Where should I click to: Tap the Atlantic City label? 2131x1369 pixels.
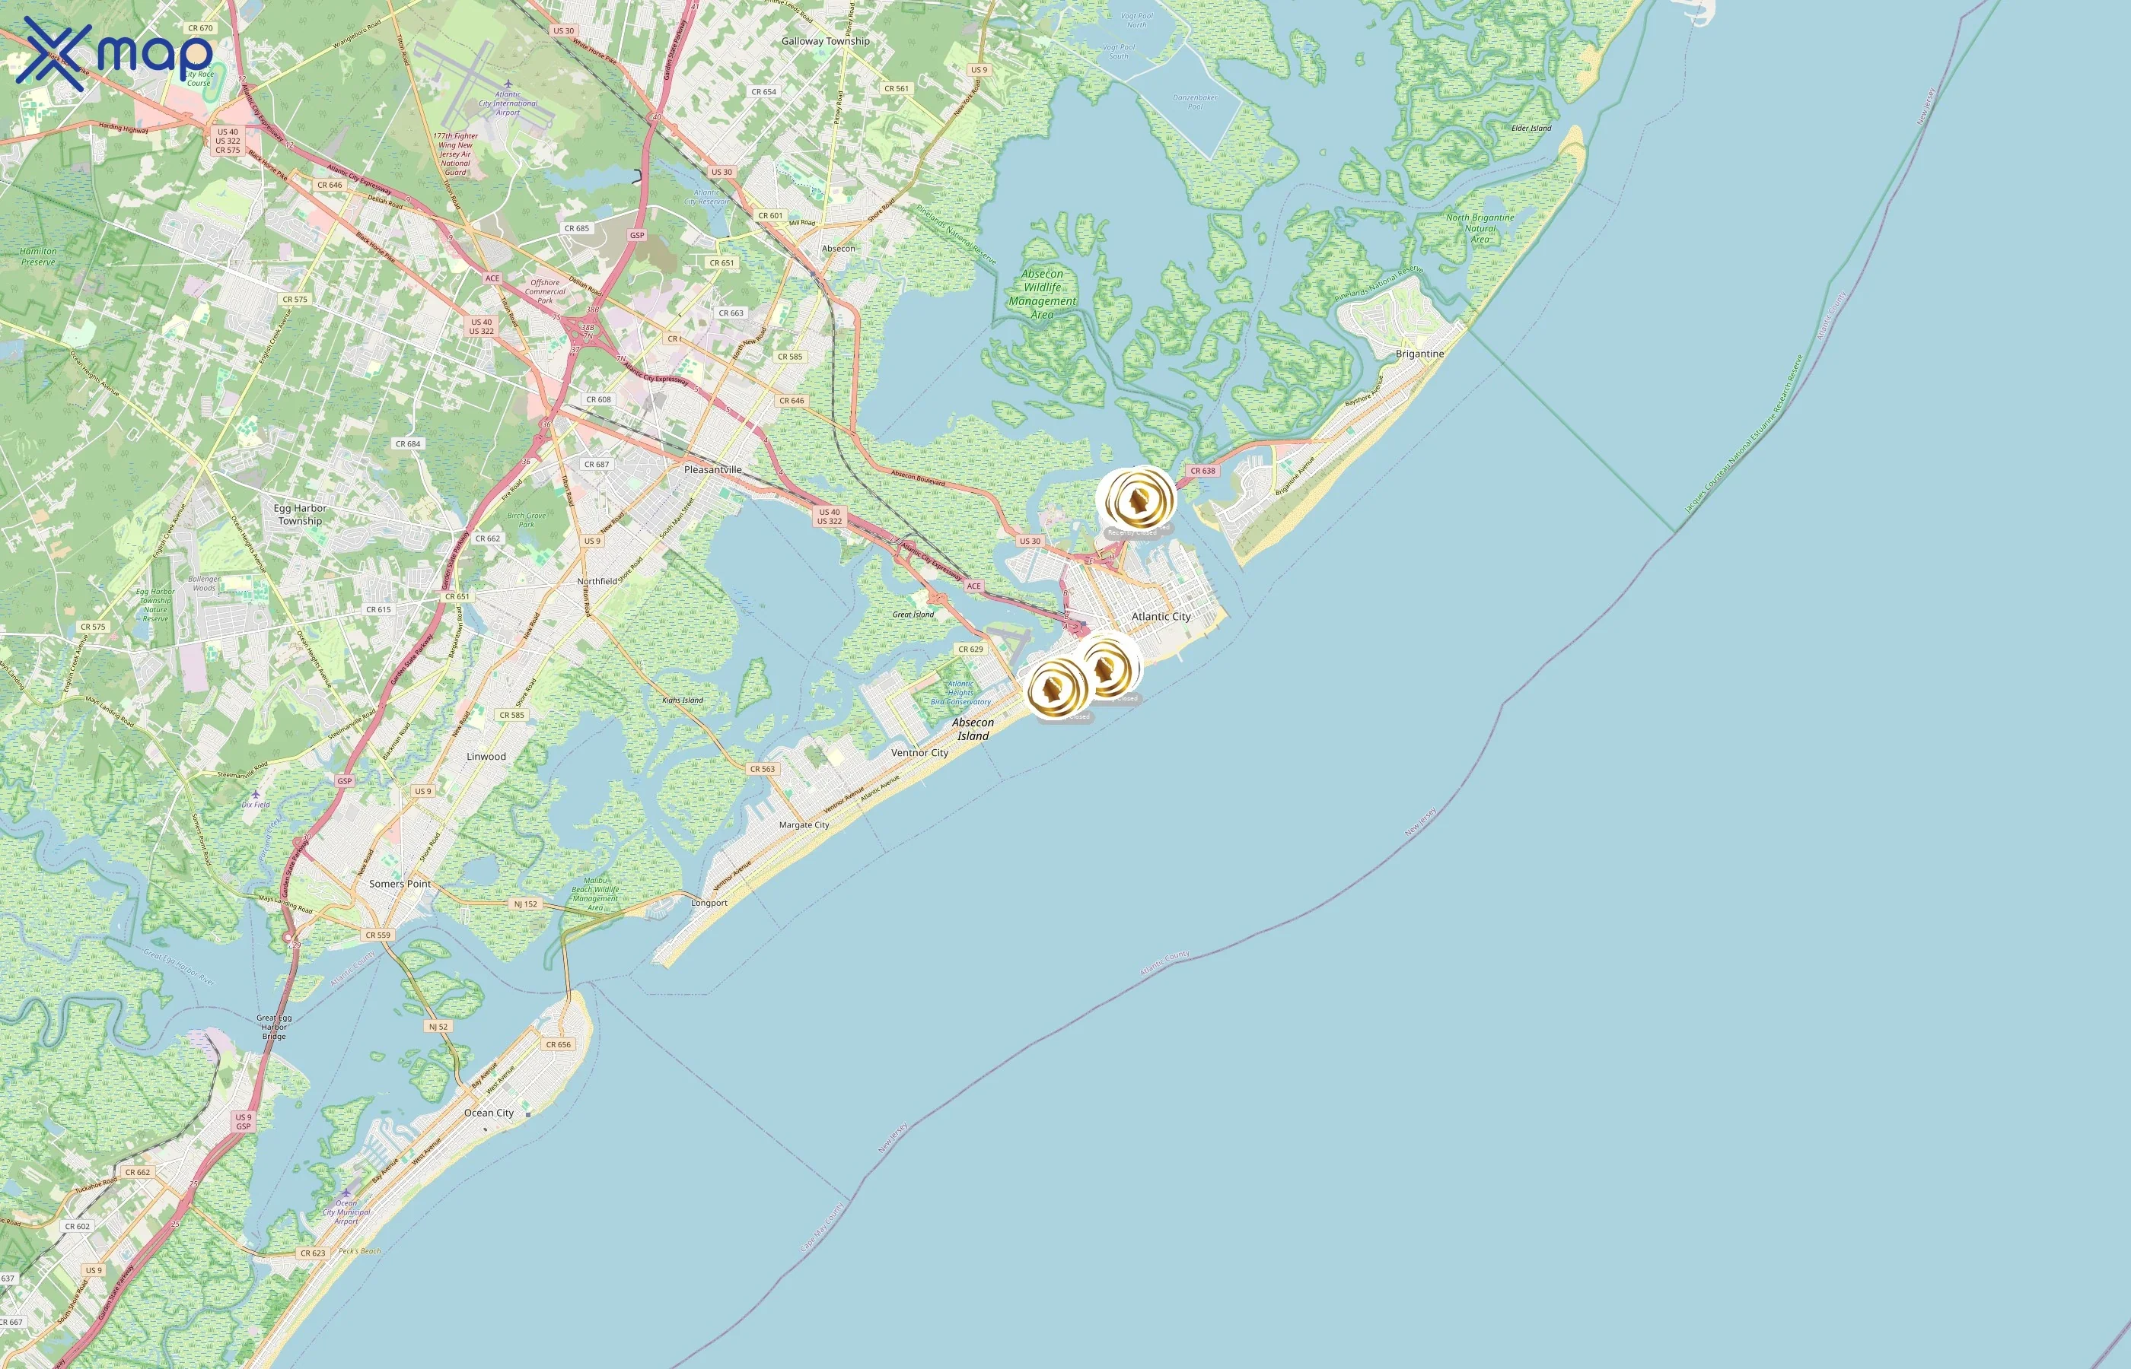tap(1161, 616)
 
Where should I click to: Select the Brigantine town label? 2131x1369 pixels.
tap(1419, 354)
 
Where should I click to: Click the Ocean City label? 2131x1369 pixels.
tap(489, 1113)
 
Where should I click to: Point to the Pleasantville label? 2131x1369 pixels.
tap(712, 469)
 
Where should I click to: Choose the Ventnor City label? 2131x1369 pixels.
tap(919, 753)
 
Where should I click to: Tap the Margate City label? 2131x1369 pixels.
tap(804, 825)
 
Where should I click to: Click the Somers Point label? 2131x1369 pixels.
tap(400, 884)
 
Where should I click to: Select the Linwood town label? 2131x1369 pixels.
tap(486, 757)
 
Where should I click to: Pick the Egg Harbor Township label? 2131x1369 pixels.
tap(300, 515)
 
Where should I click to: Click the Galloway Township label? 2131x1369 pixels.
tap(825, 41)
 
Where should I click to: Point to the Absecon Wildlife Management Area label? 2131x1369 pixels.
tap(1043, 294)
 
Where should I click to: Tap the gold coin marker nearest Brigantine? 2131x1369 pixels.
tap(1136, 500)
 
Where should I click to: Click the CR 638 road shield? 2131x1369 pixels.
tap(1202, 471)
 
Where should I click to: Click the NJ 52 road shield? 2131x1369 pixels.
tap(438, 1027)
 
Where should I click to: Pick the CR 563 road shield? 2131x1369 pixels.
tap(763, 769)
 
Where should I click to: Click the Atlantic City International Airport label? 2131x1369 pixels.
tap(508, 103)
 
